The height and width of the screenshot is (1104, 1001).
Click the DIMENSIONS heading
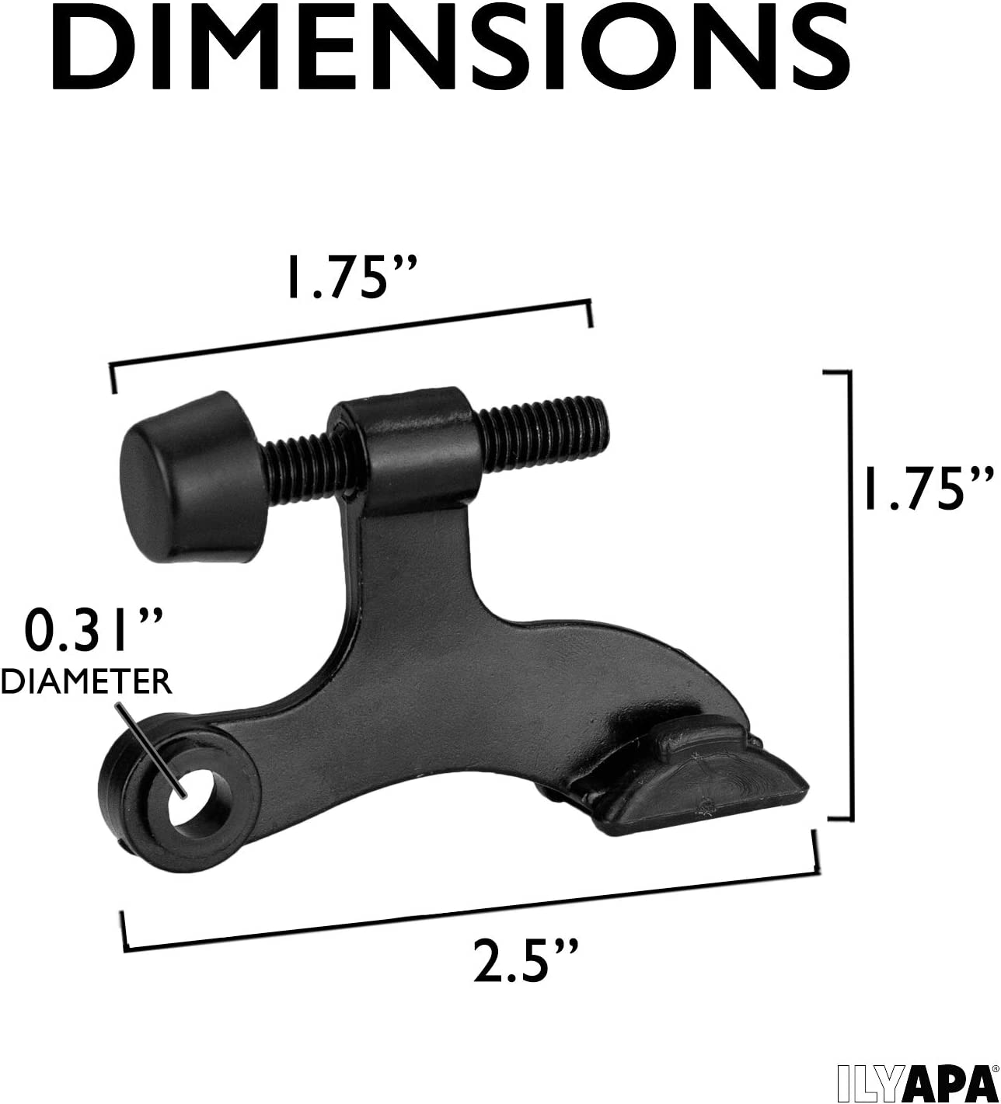[451, 49]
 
